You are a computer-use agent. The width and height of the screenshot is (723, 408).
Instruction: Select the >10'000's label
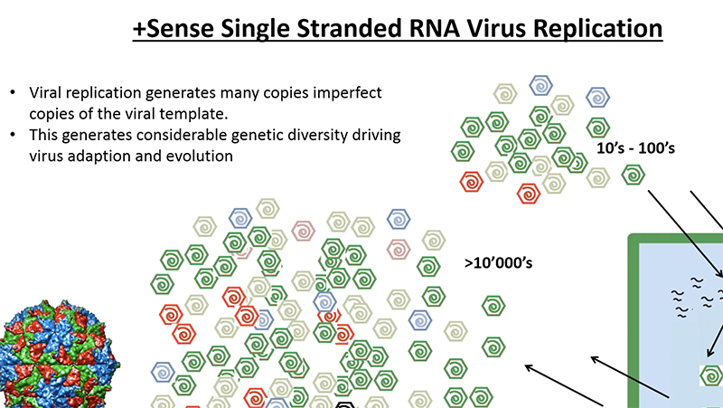click(501, 263)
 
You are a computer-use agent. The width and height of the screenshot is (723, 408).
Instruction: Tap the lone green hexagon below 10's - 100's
click(634, 176)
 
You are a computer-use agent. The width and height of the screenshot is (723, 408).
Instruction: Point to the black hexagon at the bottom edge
click(344, 403)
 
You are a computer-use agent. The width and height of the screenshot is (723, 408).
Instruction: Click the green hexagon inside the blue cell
click(711, 374)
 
